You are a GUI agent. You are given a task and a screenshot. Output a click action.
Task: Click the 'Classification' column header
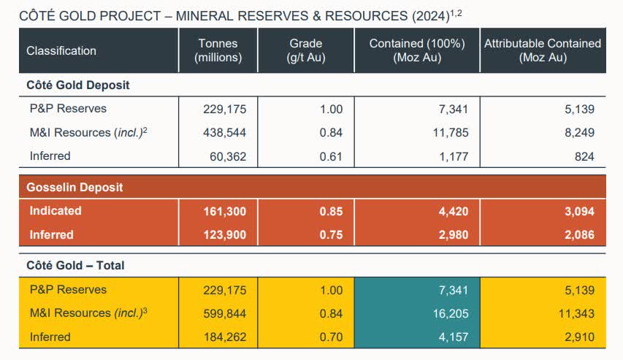pyautogui.click(x=61, y=51)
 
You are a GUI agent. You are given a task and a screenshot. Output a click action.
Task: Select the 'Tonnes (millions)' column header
pyautogui.click(x=218, y=50)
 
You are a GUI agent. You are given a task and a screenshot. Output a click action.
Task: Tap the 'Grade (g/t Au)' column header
pyautogui.click(x=305, y=50)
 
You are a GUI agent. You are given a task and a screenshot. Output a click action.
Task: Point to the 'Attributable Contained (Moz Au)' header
pyautogui.click(x=542, y=50)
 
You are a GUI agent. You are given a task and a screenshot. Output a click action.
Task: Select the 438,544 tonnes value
pyautogui.click(x=225, y=133)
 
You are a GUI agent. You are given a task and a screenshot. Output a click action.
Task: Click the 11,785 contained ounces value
pyautogui.click(x=450, y=133)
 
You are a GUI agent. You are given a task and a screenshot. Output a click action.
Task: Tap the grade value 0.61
pyautogui.click(x=329, y=156)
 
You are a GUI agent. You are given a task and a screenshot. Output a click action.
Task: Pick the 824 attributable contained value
pyautogui.click(x=584, y=156)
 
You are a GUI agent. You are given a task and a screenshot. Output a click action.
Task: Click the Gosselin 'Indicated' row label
pyautogui.click(x=56, y=211)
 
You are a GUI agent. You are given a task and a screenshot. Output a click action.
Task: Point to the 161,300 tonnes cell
pyautogui.click(x=224, y=212)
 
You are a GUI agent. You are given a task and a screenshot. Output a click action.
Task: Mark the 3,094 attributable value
pyautogui.click(x=579, y=212)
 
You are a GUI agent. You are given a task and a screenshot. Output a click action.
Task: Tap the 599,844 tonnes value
pyautogui.click(x=225, y=314)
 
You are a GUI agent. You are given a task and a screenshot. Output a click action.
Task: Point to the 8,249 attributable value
pyautogui.click(x=579, y=133)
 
